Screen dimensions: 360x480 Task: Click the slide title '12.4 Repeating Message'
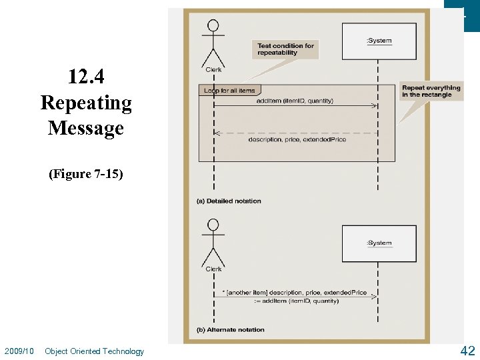[x=86, y=103]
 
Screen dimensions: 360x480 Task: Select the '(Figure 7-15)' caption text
[x=86, y=174]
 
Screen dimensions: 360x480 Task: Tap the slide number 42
[x=467, y=350]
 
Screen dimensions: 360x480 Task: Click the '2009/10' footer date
[x=19, y=351]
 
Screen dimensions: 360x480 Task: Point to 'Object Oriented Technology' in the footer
[x=94, y=351]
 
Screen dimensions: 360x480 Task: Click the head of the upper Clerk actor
[x=213, y=26]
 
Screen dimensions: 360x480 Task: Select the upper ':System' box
[x=379, y=41]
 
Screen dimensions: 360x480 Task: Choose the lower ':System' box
[x=379, y=243]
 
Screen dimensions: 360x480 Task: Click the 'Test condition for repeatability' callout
[x=285, y=49]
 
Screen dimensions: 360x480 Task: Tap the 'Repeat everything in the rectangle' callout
[x=431, y=91]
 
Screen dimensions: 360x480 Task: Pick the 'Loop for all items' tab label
[x=229, y=91]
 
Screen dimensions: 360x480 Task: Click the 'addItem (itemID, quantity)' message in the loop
[x=295, y=101]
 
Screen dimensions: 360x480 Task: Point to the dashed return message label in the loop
[x=297, y=139]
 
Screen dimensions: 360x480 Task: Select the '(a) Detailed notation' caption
[x=229, y=201]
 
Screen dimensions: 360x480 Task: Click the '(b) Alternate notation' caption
[x=230, y=329]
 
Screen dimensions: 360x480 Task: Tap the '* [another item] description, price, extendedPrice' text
[x=294, y=293]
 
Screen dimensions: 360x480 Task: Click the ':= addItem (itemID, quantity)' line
[x=296, y=301]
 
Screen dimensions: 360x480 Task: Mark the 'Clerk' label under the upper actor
[x=213, y=69]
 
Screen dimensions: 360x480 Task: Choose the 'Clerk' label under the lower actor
[x=213, y=269]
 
